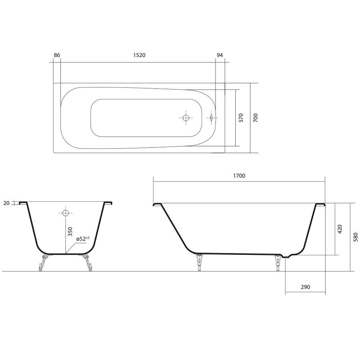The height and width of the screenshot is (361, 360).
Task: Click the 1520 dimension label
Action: click(x=139, y=55)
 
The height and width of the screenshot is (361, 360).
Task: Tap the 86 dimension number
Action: click(x=57, y=55)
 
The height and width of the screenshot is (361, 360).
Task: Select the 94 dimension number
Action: click(x=220, y=55)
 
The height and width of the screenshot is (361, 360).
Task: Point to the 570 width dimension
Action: click(x=241, y=118)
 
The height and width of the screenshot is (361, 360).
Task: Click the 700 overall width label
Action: click(x=256, y=118)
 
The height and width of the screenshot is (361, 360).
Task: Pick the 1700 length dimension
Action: click(x=239, y=176)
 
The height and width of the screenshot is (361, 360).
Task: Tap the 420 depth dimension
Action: click(x=340, y=229)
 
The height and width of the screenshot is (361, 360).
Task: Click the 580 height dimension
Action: click(x=355, y=237)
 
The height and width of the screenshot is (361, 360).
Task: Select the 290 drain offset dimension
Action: click(x=306, y=287)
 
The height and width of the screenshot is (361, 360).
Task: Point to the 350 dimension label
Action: click(x=70, y=232)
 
